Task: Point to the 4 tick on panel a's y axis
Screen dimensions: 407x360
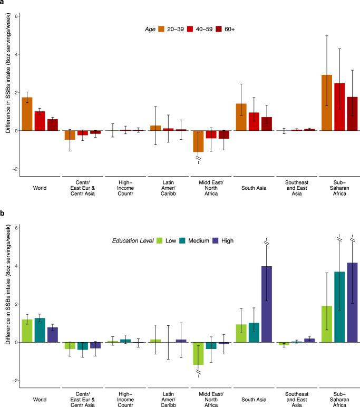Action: (x=16, y=54)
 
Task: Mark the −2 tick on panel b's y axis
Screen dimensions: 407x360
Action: (x=16, y=380)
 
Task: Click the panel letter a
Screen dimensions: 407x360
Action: (x=3, y=4)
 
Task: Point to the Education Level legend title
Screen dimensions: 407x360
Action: (x=132, y=241)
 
